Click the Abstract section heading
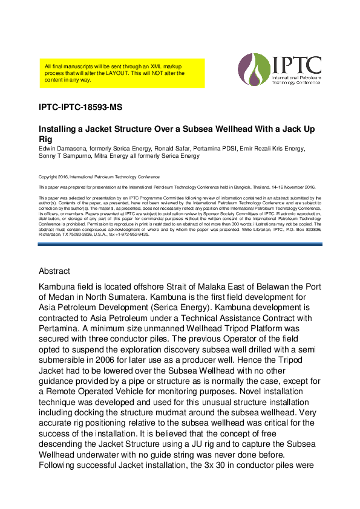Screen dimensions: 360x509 pos(54,271)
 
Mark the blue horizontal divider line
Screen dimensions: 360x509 pos(180,244)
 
